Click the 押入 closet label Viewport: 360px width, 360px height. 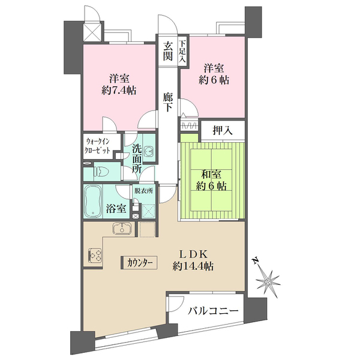point(221,128)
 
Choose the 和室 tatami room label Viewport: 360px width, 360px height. point(212,174)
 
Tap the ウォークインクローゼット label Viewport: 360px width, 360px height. point(101,146)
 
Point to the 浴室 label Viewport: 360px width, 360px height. point(116,209)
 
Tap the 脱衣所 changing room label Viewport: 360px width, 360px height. point(144,191)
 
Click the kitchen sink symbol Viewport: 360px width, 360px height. point(122,229)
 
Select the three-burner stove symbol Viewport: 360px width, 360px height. point(94,256)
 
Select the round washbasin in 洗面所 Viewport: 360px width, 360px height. point(149,152)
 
